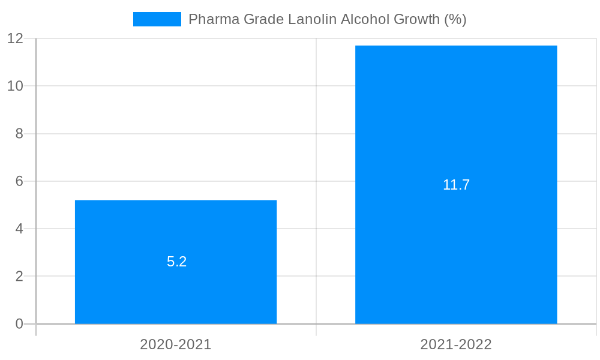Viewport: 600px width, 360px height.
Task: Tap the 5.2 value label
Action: (x=177, y=262)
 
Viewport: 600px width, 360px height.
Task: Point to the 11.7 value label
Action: (x=456, y=185)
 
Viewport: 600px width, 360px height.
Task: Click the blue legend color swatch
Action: (x=157, y=19)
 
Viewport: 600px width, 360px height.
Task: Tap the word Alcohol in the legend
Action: (x=365, y=19)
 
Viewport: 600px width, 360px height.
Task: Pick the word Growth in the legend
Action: (x=416, y=19)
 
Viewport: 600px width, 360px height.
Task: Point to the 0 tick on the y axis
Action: (x=19, y=324)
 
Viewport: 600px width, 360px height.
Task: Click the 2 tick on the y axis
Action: (x=19, y=277)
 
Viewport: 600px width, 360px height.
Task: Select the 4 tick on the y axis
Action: (x=19, y=229)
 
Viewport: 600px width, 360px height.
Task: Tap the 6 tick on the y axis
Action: (x=19, y=181)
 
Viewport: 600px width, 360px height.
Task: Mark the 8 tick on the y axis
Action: (x=19, y=134)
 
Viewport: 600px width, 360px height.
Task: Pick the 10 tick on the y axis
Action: (x=16, y=86)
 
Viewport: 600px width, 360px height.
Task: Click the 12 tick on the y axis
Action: (x=16, y=38)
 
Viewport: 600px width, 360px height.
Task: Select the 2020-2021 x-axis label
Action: (x=176, y=344)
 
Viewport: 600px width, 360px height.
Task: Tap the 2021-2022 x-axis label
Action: (x=456, y=344)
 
